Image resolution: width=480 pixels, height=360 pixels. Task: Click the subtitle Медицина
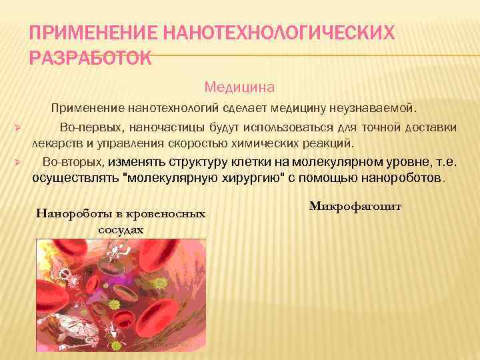239,87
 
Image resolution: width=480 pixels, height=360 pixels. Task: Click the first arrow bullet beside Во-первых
19,127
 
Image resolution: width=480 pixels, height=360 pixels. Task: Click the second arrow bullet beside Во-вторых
19,162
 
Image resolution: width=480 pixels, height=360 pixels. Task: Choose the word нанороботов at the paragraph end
407,179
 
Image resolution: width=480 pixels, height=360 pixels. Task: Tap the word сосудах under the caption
121,229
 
